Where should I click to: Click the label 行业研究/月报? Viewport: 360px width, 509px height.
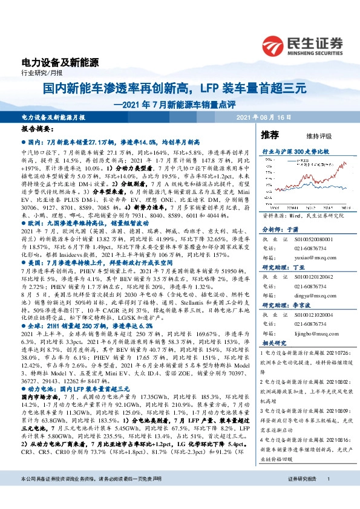[x=38, y=74]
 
